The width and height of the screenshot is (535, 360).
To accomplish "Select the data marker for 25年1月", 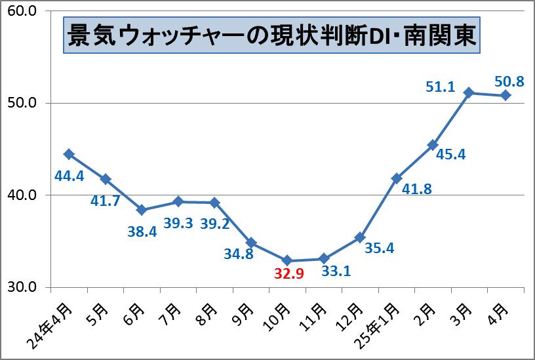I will (x=396, y=178).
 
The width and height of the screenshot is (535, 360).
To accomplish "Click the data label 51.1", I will (x=440, y=87).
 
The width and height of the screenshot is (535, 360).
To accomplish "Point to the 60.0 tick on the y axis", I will (x=22, y=11).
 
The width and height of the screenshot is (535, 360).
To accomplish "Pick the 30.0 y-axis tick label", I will (x=22, y=287).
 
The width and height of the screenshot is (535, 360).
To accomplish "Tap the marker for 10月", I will (x=287, y=261).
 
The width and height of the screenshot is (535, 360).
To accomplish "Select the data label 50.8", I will (x=509, y=82).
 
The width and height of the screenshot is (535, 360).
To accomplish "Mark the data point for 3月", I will (x=469, y=92).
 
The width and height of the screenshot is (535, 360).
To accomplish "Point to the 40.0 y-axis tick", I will (x=22, y=195).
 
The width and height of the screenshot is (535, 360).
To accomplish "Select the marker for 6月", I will (x=141, y=210).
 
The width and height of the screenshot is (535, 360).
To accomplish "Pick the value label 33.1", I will (x=335, y=269).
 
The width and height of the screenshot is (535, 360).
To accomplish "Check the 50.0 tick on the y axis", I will (x=22, y=103).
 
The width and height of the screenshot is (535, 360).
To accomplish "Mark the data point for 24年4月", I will (x=68, y=154).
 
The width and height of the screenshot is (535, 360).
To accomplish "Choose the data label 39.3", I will (x=178, y=223).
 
